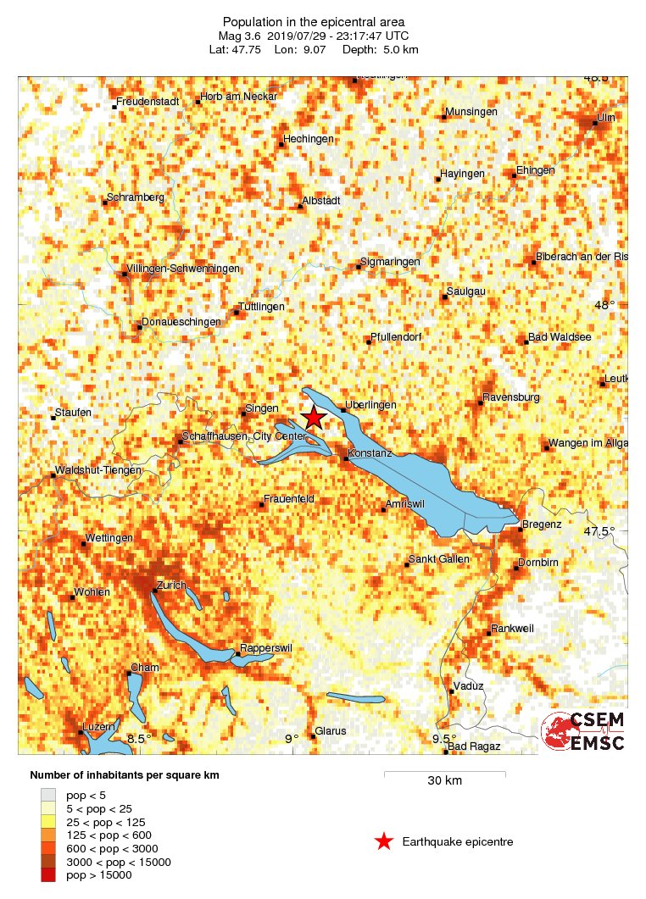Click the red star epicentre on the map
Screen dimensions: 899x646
click(314, 417)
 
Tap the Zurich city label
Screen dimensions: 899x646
click(175, 586)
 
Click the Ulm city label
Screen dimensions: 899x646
click(606, 117)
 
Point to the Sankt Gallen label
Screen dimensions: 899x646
click(438, 559)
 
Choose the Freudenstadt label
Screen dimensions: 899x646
click(148, 102)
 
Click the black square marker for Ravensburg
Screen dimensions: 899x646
click(480, 402)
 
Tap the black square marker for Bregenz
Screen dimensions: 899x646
click(520, 530)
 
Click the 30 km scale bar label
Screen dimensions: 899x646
click(444, 780)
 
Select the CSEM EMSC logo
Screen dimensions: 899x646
click(584, 731)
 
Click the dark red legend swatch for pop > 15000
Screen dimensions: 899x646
click(52, 874)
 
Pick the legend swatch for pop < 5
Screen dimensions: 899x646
click(52, 795)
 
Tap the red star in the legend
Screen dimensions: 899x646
click(384, 841)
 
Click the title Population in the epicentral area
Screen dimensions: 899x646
click(314, 21)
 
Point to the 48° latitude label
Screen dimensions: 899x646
click(604, 305)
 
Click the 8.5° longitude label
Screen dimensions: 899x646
click(139, 739)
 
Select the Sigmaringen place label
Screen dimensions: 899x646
click(390, 263)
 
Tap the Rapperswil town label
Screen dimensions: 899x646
click(267, 648)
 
